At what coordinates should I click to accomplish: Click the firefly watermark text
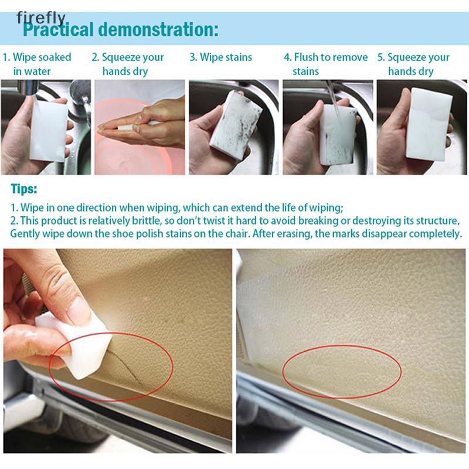pyautogui.click(x=41, y=18)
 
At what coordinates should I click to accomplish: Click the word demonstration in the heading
pyautogui.click(x=158, y=30)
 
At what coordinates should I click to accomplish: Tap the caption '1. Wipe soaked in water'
pyautogui.click(x=37, y=64)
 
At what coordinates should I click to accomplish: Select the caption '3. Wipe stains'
pyautogui.click(x=221, y=57)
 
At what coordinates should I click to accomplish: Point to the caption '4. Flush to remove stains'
pyautogui.click(x=326, y=64)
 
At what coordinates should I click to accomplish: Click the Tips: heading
pyautogui.click(x=24, y=189)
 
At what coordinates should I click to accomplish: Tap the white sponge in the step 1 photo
pyautogui.click(x=49, y=129)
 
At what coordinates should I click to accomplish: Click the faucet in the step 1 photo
pyautogui.click(x=79, y=98)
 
